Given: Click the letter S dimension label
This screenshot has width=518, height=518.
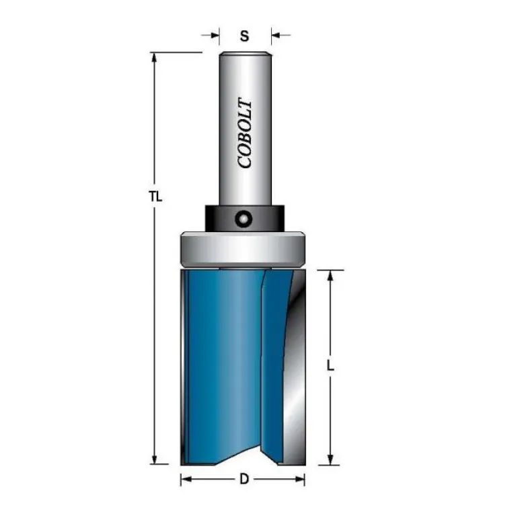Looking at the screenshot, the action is click(x=244, y=36).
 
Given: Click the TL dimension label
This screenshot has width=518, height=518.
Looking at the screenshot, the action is click(x=156, y=197).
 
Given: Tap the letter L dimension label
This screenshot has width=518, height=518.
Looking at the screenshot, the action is click(x=330, y=366).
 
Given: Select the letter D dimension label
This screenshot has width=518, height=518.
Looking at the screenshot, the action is click(x=244, y=479).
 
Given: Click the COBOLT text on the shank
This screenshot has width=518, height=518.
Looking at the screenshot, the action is click(x=245, y=133).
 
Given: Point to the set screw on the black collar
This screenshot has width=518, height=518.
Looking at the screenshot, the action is click(x=244, y=219).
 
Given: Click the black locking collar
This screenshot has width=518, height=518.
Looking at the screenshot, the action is click(x=245, y=219).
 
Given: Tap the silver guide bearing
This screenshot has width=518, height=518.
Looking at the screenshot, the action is click(x=242, y=249).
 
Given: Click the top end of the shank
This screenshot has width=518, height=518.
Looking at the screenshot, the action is click(x=245, y=52).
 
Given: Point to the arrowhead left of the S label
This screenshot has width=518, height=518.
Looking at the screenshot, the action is click(x=215, y=35).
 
